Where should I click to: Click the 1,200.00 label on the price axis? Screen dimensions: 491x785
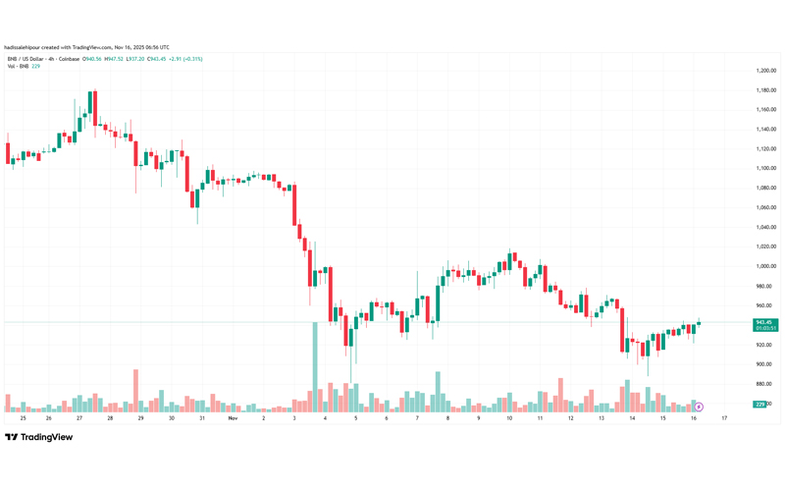766,71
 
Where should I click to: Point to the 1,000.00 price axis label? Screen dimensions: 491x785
766,266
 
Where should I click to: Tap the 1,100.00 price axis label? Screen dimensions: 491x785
766,168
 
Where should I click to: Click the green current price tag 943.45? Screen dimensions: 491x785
766,322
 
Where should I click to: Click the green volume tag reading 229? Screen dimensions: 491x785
759,404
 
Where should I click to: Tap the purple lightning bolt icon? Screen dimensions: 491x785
699,407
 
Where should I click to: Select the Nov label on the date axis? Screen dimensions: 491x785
233,418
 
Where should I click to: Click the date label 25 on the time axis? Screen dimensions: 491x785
22,418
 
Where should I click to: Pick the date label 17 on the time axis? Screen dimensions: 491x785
724,418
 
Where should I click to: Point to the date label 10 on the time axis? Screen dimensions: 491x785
509,418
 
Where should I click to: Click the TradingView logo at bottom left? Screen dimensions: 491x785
39,438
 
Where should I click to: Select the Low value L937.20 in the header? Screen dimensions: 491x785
134,59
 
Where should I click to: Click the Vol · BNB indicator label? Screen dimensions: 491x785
17,66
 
